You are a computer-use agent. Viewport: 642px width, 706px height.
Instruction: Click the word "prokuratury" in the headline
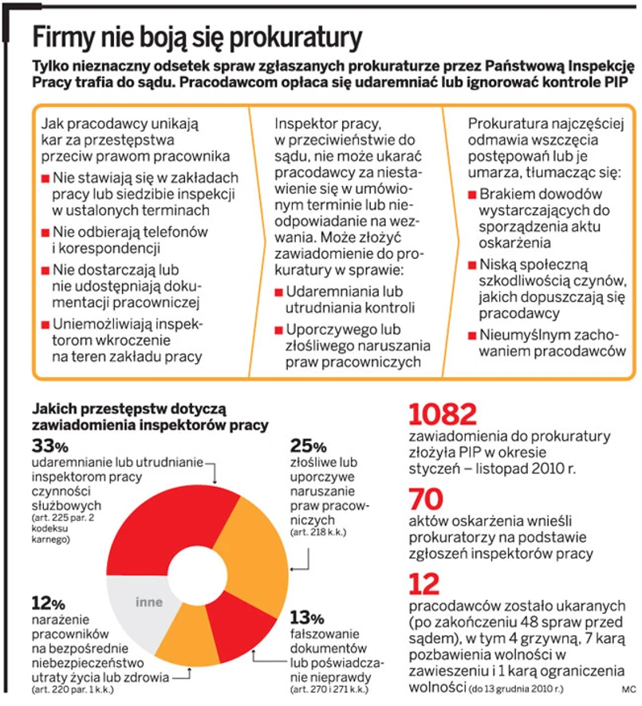(294, 37)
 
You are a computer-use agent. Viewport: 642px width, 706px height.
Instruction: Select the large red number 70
(427, 499)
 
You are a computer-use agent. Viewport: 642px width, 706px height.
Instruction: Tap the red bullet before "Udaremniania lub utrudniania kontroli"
(278, 292)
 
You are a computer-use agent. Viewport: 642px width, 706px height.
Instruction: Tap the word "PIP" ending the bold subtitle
(609, 83)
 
